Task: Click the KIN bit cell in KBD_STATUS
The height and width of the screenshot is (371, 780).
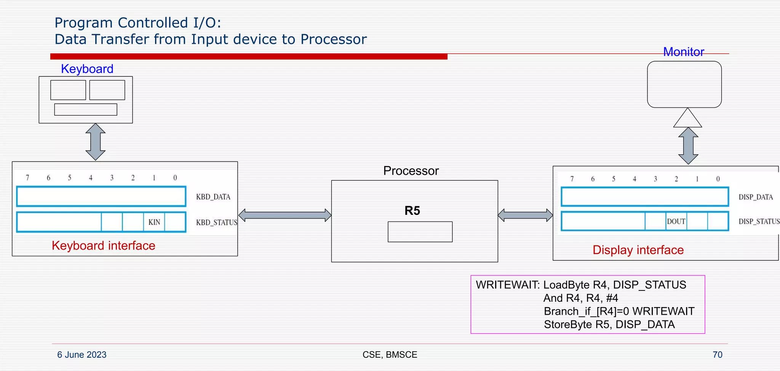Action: coord(154,222)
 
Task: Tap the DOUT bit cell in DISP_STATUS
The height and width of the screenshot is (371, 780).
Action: coord(676,221)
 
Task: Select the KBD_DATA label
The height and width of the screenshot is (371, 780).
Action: coord(213,197)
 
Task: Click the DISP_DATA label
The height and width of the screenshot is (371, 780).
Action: coord(756,197)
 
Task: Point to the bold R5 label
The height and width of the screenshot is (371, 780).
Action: coord(412,211)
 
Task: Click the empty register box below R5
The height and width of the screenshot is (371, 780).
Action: coord(420,232)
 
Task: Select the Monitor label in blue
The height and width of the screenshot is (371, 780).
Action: coord(684,52)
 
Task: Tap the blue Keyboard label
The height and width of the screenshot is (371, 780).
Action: coord(87,69)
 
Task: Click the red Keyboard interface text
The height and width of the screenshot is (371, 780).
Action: coord(104,246)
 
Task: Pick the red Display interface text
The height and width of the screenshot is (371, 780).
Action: coord(638,250)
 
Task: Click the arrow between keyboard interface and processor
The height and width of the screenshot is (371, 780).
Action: coord(285,215)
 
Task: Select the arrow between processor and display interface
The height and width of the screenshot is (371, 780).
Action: coord(525,215)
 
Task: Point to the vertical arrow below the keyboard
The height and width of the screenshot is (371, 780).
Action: coord(95,142)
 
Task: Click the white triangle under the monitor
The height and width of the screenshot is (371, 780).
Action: coord(687,119)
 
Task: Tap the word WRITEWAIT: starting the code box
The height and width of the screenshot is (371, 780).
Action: coord(508,285)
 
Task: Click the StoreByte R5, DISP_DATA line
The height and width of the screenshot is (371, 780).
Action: coord(609,325)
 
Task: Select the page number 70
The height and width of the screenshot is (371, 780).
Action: coord(717,355)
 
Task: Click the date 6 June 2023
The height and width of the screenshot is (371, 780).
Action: coord(82,355)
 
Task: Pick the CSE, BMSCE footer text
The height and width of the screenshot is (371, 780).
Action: coord(390,355)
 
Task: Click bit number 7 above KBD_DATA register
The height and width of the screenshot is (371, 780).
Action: coord(27,178)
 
